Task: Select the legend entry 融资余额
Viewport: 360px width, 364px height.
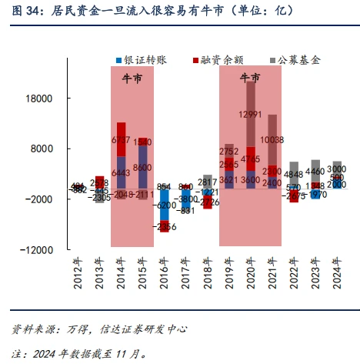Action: [x=219, y=59]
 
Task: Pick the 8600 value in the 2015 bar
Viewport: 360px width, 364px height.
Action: [x=142, y=167]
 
